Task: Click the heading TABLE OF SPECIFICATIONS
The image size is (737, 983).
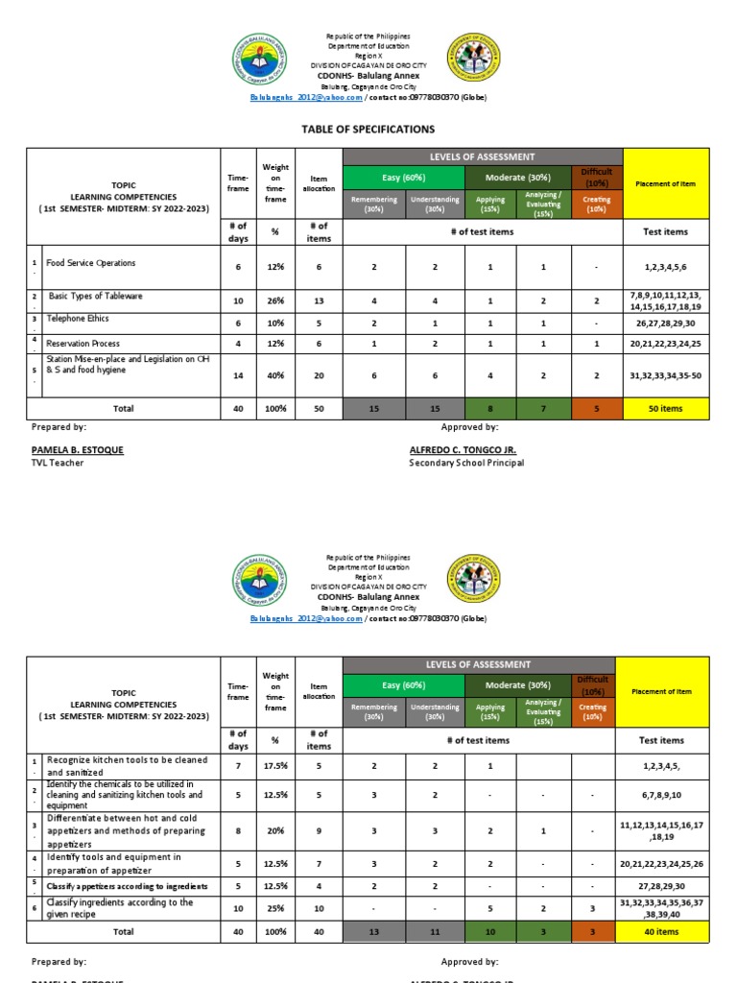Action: click(368, 129)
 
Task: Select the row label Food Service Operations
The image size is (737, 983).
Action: click(91, 263)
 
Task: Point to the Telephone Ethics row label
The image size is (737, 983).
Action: click(78, 318)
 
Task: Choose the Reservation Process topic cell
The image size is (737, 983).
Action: click(83, 343)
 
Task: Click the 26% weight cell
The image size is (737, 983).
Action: click(276, 300)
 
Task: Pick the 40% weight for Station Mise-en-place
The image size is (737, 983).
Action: click(276, 376)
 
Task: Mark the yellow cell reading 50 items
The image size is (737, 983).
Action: click(666, 408)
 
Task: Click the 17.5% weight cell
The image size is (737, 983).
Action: click(276, 766)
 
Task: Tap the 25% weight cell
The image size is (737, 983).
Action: click(276, 908)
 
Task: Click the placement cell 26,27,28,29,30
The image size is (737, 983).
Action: click(666, 323)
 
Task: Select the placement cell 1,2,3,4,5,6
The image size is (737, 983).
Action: click(666, 267)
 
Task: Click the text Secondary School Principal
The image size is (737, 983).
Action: click(466, 463)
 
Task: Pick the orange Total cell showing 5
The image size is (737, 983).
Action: click(596, 408)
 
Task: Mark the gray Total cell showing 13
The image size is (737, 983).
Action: click(373, 930)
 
